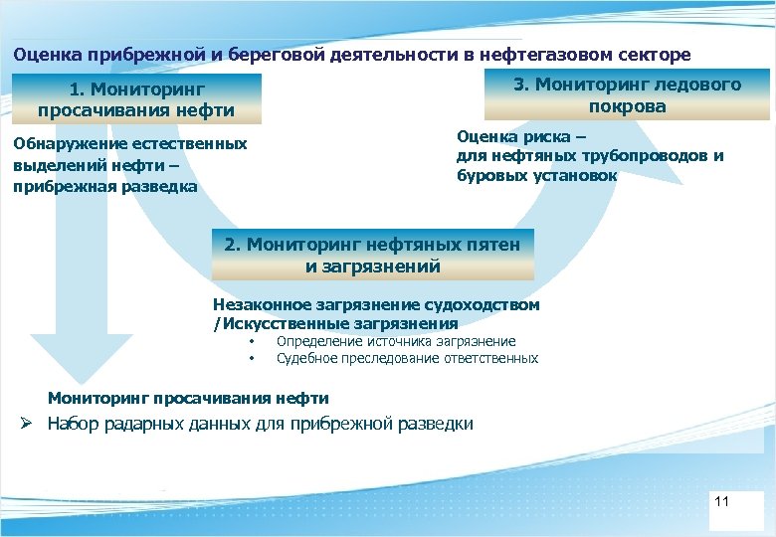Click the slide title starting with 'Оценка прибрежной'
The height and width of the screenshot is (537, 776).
(351, 54)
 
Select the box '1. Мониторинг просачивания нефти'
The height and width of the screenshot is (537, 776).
(136, 99)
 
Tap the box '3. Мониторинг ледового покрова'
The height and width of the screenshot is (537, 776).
(627, 95)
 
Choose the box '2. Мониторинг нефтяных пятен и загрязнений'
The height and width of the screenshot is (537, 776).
(373, 256)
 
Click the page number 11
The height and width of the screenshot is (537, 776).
(722, 501)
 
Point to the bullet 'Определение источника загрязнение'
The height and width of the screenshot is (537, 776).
(396, 341)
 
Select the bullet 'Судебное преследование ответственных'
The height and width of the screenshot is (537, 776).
(407, 358)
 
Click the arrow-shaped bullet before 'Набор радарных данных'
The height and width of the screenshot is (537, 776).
(30, 424)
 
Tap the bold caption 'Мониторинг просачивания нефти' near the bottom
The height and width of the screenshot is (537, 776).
(188, 398)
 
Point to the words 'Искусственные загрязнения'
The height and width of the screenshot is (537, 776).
(338, 323)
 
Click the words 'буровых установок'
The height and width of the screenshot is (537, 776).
(536, 176)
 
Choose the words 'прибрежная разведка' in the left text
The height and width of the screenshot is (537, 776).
(104, 186)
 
